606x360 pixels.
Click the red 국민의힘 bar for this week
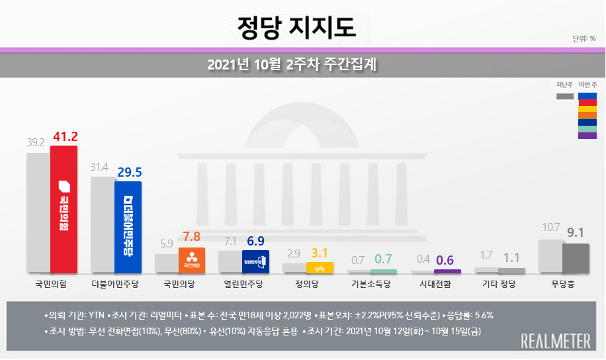pyautogui.click(x=64, y=209)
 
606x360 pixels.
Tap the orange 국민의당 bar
pyautogui.click(x=192, y=260)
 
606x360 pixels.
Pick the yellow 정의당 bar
pyautogui.click(x=320, y=268)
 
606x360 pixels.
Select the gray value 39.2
pyautogui.click(x=35, y=142)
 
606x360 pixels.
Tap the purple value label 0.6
pyautogui.click(x=448, y=259)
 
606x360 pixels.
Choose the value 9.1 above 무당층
pyautogui.click(x=576, y=233)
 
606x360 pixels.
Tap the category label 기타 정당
pyautogui.click(x=499, y=285)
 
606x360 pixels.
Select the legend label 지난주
pyautogui.click(x=564, y=84)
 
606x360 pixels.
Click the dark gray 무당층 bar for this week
pyautogui.click(x=576, y=258)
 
